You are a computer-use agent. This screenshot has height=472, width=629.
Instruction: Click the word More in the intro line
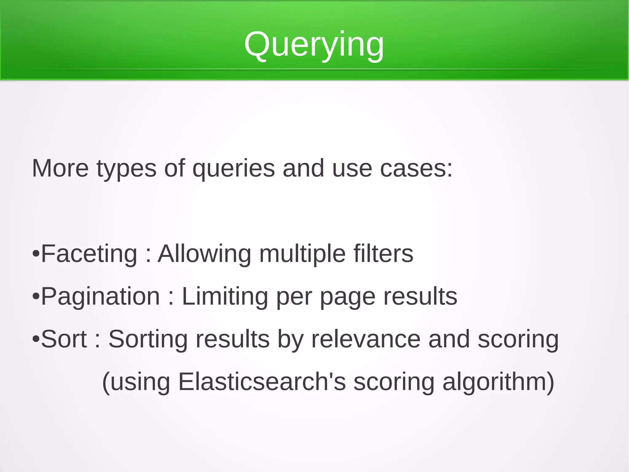[x=60, y=168]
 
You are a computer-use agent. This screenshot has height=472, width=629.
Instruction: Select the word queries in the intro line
[x=233, y=168]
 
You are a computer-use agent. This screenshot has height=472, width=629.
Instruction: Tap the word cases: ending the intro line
[x=416, y=168]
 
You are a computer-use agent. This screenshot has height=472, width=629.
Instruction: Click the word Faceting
[x=89, y=254]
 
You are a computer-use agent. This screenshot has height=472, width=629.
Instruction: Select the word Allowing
[x=205, y=254]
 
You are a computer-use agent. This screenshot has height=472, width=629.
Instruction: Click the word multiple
[x=302, y=254]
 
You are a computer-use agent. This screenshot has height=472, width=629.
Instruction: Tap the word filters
[x=383, y=254]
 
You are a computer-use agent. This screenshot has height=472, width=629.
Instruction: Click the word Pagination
[x=100, y=296]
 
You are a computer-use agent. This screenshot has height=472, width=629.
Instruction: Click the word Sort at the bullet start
[x=64, y=339]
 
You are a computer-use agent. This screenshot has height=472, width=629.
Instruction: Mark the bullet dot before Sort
[x=36, y=339]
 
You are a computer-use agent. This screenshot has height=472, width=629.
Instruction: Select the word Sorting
[x=148, y=339]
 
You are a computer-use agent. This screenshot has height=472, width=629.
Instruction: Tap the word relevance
[x=366, y=339]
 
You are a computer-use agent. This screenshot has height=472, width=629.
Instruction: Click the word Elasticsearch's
[x=262, y=382]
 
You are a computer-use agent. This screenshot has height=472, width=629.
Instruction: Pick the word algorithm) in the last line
[x=498, y=382]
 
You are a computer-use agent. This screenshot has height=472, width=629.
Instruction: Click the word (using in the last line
[x=136, y=382]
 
